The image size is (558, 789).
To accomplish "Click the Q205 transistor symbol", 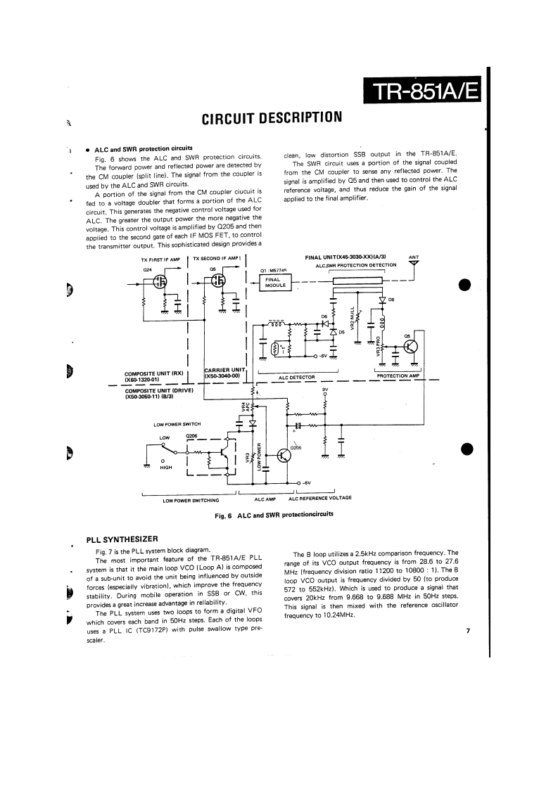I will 284,456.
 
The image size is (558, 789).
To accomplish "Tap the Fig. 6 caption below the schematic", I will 274,515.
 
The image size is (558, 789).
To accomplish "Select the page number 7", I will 467,631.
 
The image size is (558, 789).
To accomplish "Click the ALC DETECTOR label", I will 298,377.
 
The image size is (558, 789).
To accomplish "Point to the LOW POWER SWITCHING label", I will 191,500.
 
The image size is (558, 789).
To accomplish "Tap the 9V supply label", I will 325,389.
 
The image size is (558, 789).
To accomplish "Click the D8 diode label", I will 391,299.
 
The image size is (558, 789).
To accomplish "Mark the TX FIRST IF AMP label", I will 161,259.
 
